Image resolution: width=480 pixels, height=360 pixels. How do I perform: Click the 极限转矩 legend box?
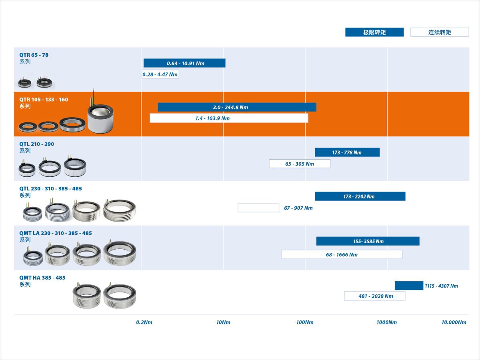pyautogui.click(x=374, y=32)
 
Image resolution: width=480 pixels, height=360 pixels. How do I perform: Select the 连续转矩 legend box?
pyautogui.click(x=440, y=32)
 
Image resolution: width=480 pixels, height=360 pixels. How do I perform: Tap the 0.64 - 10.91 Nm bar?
pyautogui.click(x=184, y=63)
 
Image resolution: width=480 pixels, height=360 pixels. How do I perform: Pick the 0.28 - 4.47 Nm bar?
pyautogui.click(x=160, y=74)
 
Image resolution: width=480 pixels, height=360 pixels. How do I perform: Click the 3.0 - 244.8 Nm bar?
pyautogui.click(x=237, y=107)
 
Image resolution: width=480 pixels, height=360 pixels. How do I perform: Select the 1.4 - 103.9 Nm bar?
pyautogui.click(x=229, y=118)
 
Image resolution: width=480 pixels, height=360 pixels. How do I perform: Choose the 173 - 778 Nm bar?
pyautogui.click(x=347, y=152)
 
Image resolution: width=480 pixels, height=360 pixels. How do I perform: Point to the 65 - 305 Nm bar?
pyautogui.click(x=300, y=164)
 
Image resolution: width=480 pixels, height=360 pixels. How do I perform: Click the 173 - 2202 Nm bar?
pyautogui.click(x=360, y=196)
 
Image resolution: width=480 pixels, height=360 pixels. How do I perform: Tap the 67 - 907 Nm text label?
pyautogui.click(x=298, y=208)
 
